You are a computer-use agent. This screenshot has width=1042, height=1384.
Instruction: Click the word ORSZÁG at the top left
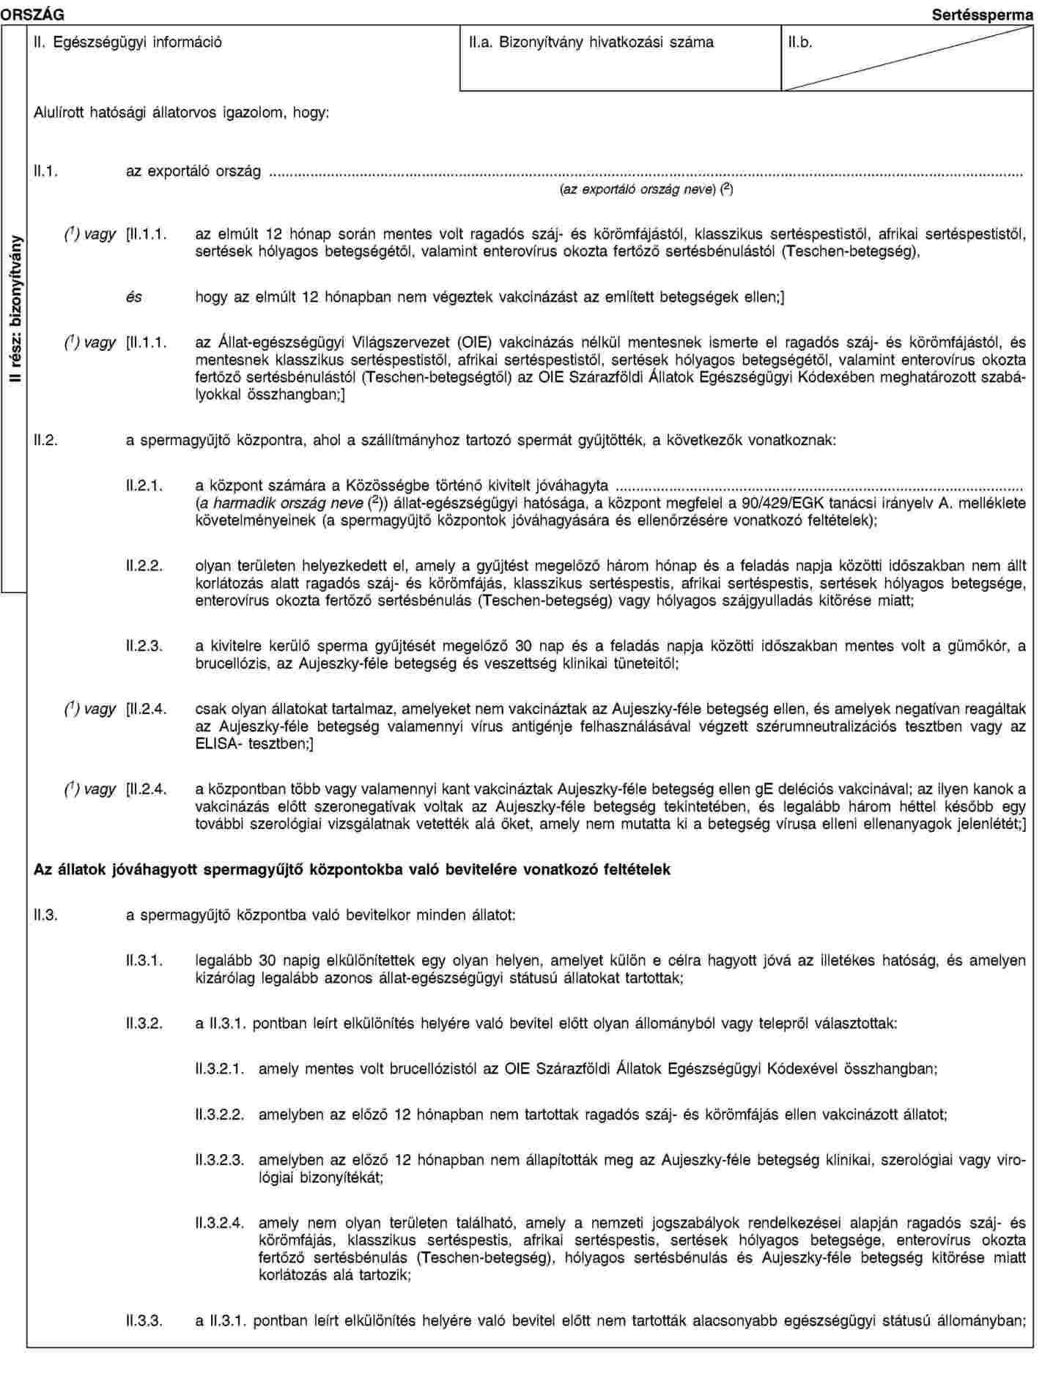[32, 14]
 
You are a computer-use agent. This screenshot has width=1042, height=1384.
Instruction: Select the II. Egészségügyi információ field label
[128, 42]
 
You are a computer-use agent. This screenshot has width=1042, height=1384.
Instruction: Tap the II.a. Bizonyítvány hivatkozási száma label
[591, 42]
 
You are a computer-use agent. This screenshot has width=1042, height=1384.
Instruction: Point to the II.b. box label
[800, 42]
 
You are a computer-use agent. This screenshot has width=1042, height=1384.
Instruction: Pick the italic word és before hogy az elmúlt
[133, 298]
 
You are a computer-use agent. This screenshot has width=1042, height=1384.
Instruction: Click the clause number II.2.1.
[144, 485]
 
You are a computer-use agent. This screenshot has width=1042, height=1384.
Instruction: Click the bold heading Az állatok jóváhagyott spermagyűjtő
[352, 869]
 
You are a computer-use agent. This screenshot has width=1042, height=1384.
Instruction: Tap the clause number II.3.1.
[144, 960]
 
